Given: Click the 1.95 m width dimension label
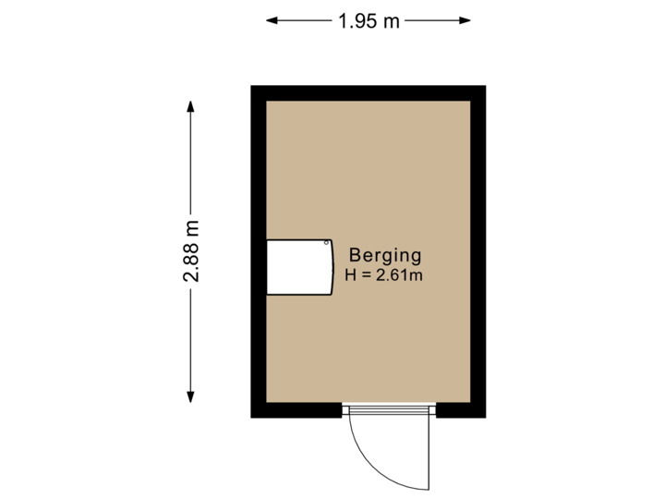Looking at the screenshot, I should [369, 20].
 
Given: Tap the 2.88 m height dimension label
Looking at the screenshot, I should [191, 251].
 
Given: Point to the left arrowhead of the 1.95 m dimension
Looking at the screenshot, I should [270, 19].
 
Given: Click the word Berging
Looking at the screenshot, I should [384, 256].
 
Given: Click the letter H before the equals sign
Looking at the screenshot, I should [350, 274].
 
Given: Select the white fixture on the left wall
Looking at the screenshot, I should [298, 268].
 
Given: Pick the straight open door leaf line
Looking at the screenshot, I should [429, 453].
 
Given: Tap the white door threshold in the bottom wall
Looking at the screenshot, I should [388, 411].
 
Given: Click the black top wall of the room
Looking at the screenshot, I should [369, 92].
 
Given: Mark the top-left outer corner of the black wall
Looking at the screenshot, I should [251, 85].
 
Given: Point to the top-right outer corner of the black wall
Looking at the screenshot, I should [486, 85].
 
